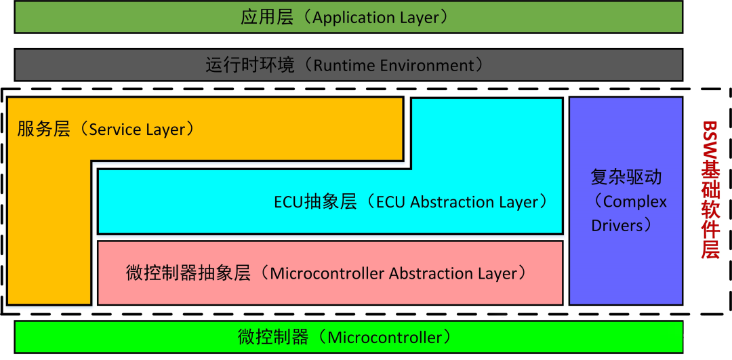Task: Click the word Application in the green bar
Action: (x=352, y=17)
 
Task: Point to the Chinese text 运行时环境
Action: (x=250, y=65)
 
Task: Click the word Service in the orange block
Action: (x=113, y=129)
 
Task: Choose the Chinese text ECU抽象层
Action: (x=315, y=202)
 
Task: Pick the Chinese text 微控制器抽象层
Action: (x=188, y=273)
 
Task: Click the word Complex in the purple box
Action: (x=635, y=201)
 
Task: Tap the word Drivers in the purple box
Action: (x=617, y=225)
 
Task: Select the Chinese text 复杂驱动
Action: (x=626, y=178)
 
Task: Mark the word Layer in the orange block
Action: (x=165, y=129)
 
